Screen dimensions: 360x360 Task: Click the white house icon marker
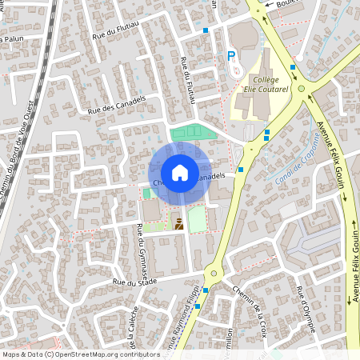point(179,172)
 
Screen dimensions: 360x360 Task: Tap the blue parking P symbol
point(231,56)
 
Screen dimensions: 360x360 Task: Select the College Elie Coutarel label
point(266,85)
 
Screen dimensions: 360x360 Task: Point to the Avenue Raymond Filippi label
point(182,316)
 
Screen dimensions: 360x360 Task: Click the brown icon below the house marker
point(178,224)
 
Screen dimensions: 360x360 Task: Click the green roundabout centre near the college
point(302,89)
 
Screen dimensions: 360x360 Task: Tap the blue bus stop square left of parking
point(206,30)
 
